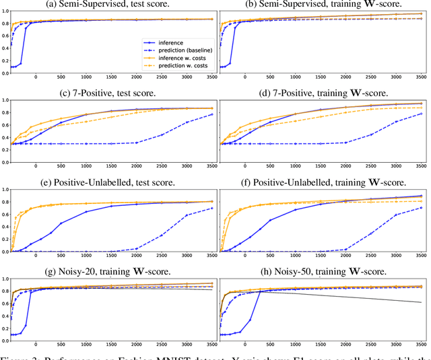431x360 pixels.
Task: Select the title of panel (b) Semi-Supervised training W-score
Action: tap(322, 4)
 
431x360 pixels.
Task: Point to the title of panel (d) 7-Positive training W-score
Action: tap(322, 92)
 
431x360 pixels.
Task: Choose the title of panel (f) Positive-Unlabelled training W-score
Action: tap(322, 178)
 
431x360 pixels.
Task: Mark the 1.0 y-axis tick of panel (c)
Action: tap(5, 101)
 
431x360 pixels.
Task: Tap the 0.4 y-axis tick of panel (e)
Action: tap(5, 226)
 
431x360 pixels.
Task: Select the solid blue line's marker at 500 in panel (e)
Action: tap(61, 223)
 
